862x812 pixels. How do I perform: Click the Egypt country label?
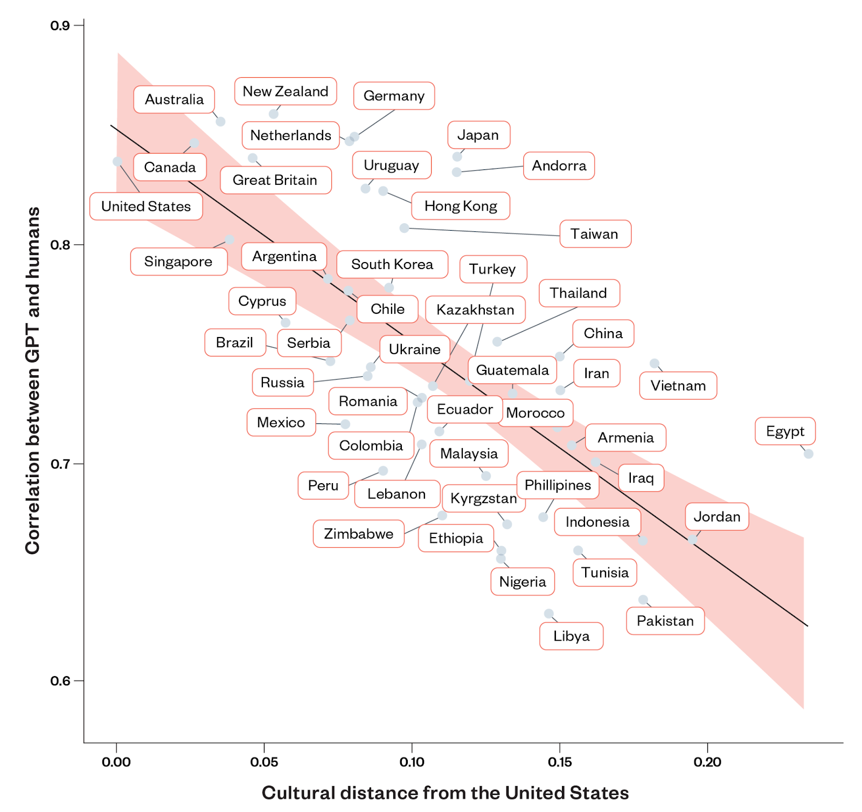(x=785, y=431)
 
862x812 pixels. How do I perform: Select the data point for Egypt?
(x=808, y=454)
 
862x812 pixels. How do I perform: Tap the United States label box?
(x=146, y=207)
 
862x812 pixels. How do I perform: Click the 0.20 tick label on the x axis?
(x=707, y=762)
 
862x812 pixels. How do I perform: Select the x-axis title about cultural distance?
(x=445, y=793)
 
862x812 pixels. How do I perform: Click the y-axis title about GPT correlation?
(x=33, y=380)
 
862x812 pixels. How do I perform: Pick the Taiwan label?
(x=595, y=234)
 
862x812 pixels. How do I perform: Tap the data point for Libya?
(x=548, y=614)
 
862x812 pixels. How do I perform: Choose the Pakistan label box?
(x=665, y=621)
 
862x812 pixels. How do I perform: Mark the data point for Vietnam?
(x=654, y=363)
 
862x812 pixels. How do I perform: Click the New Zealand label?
(x=286, y=92)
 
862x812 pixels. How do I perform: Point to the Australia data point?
(x=220, y=121)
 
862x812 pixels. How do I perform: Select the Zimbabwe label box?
(x=359, y=534)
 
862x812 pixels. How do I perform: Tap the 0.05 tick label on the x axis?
(x=264, y=762)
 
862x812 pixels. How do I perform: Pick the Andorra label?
(x=559, y=166)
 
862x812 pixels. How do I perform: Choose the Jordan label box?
(x=717, y=517)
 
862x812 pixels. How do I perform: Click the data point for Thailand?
(x=497, y=341)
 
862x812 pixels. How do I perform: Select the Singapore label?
(x=178, y=262)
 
